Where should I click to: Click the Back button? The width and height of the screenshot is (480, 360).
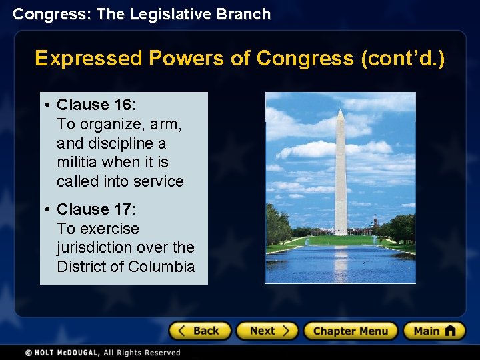tap(199, 331)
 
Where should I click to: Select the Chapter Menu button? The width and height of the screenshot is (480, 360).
tap(350, 331)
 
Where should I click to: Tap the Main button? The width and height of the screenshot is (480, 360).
tap(434, 331)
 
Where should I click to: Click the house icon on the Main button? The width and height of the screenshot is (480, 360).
tap(450, 330)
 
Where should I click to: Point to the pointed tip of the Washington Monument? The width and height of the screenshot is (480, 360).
tap(341, 111)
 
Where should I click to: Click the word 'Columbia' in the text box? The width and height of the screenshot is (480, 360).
tap(163, 267)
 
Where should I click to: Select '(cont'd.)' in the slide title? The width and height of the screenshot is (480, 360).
tap(402, 59)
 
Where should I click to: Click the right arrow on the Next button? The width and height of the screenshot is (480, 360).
tap(286, 331)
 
